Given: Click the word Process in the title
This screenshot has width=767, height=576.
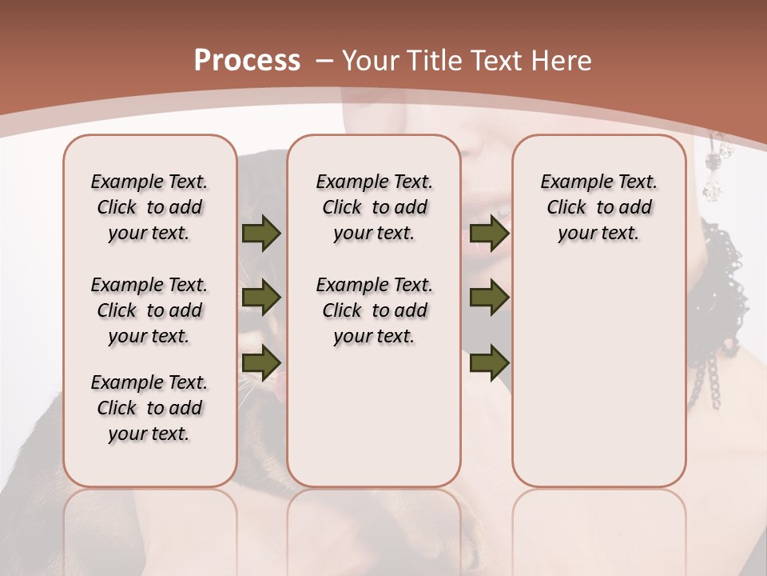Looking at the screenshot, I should [247, 61].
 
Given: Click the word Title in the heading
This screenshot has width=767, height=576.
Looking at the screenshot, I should [432, 61].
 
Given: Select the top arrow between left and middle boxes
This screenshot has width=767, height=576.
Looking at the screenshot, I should [261, 234].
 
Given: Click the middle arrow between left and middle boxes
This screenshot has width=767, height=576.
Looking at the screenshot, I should [261, 298].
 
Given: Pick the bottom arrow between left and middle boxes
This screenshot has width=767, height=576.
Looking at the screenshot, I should [261, 362].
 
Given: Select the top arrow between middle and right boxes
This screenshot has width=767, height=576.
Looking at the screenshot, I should [489, 234].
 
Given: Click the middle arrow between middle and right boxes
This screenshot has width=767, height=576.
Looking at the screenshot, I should [489, 298].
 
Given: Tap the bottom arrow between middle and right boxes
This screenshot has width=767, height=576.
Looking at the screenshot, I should [489, 362].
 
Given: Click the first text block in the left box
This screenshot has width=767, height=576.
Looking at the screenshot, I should [149, 207].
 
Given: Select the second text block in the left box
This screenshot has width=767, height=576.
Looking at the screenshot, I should [149, 310].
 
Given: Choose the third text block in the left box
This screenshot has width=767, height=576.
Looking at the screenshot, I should [149, 408].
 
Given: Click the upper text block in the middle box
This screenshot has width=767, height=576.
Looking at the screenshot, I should [374, 207].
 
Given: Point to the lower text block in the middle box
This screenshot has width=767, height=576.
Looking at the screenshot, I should [374, 310].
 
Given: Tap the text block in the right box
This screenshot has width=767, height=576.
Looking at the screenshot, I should [599, 207].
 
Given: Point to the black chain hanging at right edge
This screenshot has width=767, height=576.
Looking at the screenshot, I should [710, 376].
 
